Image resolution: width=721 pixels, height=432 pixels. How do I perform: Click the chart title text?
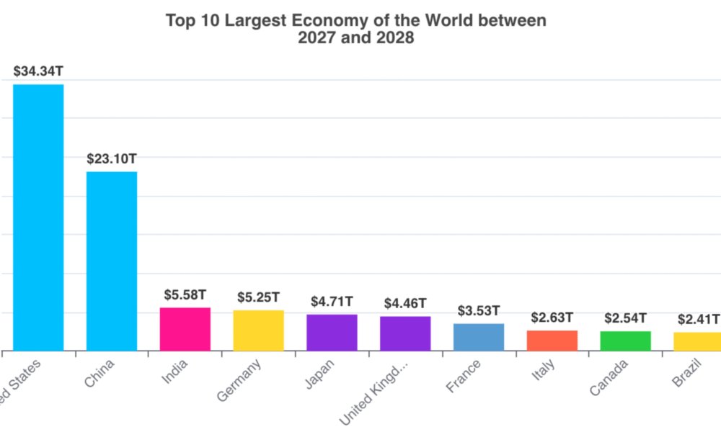pyautogui.click(x=356, y=29)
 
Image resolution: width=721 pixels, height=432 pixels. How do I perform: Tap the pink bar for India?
pyautogui.click(x=185, y=329)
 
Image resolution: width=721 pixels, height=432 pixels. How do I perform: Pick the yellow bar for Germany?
pyautogui.click(x=258, y=330)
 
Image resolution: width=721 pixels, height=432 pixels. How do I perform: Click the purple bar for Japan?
pyautogui.click(x=332, y=333)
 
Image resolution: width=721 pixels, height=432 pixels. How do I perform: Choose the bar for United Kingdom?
pyautogui.click(x=405, y=333)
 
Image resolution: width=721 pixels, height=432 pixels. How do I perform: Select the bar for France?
pyautogui.click(x=479, y=337)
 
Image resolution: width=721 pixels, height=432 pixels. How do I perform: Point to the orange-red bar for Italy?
pyautogui.click(x=552, y=341)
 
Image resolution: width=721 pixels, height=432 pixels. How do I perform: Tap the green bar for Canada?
pyautogui.click(x=625, y=341)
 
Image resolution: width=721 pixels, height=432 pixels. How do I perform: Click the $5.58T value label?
pyautogui.click(x=185, y=294)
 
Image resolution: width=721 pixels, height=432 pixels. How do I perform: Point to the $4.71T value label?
pyautogui.click(x=332, y=302)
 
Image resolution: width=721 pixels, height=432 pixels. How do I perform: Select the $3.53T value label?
pyautogui.click(x=479, y=311)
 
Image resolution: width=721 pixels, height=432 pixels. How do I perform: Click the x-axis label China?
pyautogui.click(x=99, y=372)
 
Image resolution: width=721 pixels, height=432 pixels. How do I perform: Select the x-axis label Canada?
pyautogui.click(x=609, y=377)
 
